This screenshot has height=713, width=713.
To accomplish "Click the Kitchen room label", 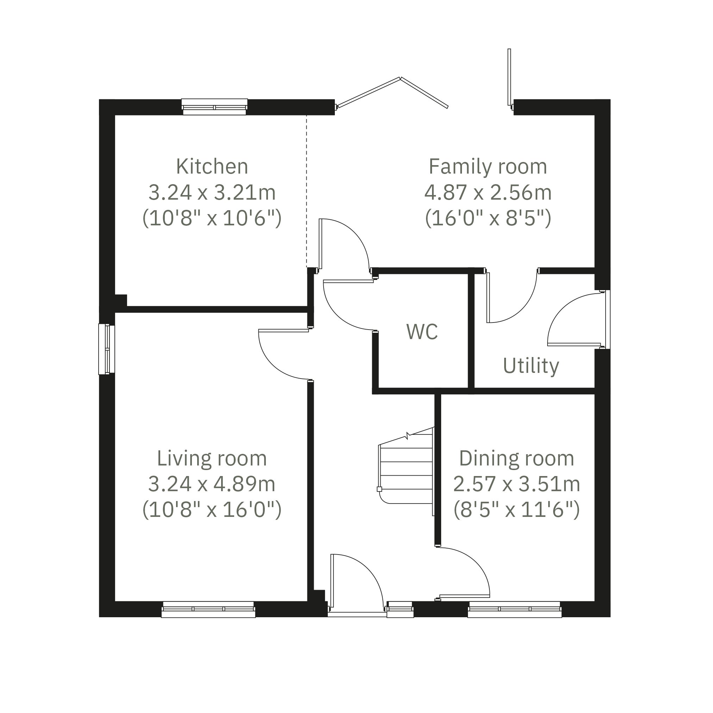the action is tap(212, 167).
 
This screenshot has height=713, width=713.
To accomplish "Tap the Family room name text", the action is tap(488, 167).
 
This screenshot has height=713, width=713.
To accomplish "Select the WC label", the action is tap(422, 331).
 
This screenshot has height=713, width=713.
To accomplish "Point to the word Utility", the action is tap(531, 366).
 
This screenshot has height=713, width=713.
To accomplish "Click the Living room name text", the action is tap(212, 458).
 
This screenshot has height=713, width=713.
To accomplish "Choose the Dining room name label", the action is tap(517, 458).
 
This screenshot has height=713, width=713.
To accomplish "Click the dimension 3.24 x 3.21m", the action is tap(212, 192).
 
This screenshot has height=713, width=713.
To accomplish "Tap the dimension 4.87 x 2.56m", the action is tap(488, 192).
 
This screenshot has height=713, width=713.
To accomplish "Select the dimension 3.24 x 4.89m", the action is tap(212, 484).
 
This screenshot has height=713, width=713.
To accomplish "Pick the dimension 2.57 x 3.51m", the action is tap(517, 484).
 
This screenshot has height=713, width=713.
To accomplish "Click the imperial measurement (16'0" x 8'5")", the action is tap(488, 218).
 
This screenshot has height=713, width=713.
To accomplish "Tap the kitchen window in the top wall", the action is tap(214, 107).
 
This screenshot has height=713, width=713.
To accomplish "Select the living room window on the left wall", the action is tap(107, 349).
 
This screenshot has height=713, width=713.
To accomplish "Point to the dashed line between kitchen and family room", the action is tap(306, 191).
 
